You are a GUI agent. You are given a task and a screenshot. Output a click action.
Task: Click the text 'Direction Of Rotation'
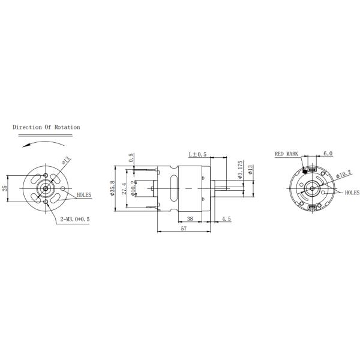tap(46, 127)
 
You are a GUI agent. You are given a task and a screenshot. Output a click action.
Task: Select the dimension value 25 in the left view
tap(5, 188)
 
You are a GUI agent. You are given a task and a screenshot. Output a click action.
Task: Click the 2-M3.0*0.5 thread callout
tap(76, 220)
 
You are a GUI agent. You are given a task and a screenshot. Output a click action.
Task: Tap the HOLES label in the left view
tap(85, 196)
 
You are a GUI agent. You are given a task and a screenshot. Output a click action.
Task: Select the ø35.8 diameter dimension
tap(112, 188)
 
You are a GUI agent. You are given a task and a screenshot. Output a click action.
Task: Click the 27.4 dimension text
tap(124, 188)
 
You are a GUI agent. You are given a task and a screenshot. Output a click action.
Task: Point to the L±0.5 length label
tap(197, 154)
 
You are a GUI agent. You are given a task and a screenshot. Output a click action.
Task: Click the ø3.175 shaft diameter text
tap(239, 170)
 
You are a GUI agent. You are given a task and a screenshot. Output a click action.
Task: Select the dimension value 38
tap(190, 220)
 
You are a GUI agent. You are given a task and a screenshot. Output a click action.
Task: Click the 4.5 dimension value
tap(226, 220)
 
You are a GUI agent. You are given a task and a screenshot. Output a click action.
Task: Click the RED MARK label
tap(286, 154)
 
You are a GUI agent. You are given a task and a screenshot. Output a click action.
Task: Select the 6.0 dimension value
tap(328, 154)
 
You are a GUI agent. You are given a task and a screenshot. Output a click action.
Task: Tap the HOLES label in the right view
tap(352, 193)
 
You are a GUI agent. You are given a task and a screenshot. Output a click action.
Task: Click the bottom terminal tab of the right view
tap(312, 208)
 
